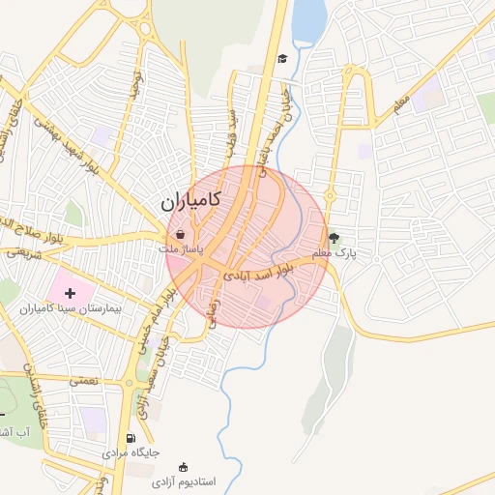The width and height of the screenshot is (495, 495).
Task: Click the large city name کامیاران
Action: pos(189,202)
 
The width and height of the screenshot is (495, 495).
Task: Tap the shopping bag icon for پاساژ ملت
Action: pos(182,233)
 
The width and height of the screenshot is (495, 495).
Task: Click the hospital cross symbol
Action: pos(69,291)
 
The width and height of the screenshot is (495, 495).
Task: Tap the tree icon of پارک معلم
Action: pos(335,236)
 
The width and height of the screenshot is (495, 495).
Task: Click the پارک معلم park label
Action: pos(335,252)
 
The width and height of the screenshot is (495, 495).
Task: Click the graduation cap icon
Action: pos(281,59)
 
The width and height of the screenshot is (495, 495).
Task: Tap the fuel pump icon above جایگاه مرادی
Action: pos(131,438)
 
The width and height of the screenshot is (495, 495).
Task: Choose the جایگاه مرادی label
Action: pos(131,452)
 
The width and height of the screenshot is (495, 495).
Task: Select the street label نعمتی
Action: pos(83,381)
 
